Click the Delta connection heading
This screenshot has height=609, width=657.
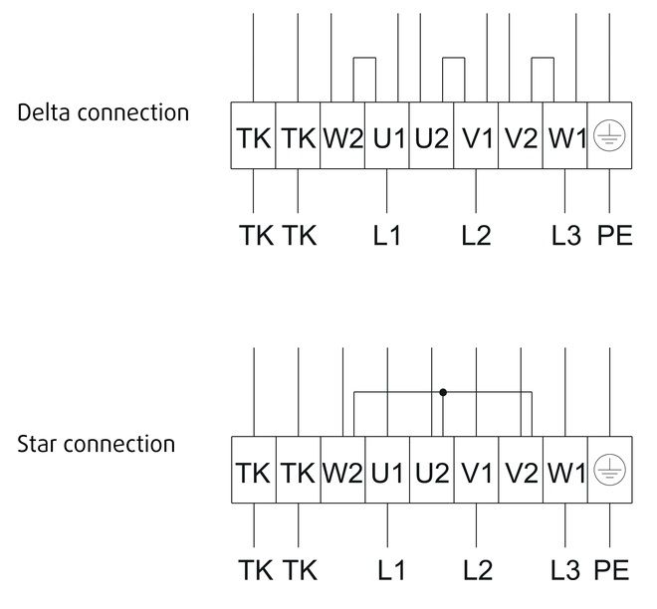104,112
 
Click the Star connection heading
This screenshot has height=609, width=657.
96,444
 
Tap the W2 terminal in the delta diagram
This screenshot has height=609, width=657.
342,135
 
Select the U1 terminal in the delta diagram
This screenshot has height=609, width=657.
387,135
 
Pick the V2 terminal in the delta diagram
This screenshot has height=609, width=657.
521,135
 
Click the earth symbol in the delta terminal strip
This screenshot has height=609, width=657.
609,135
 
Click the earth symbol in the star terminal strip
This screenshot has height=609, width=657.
609,470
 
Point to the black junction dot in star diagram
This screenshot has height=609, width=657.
443,392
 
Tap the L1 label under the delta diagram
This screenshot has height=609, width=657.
387,236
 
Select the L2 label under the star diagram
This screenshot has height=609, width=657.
478,570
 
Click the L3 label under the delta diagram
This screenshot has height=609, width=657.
566,236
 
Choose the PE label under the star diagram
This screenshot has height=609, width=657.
612,570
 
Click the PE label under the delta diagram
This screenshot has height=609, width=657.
614,236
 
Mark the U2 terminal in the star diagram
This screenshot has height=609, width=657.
432,470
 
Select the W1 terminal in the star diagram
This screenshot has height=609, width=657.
565,470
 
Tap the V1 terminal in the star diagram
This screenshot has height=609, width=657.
477,470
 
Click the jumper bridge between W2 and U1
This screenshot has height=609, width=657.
364,58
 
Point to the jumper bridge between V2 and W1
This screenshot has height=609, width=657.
543,58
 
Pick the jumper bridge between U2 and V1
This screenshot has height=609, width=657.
454,58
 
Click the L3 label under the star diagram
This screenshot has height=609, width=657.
565,570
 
